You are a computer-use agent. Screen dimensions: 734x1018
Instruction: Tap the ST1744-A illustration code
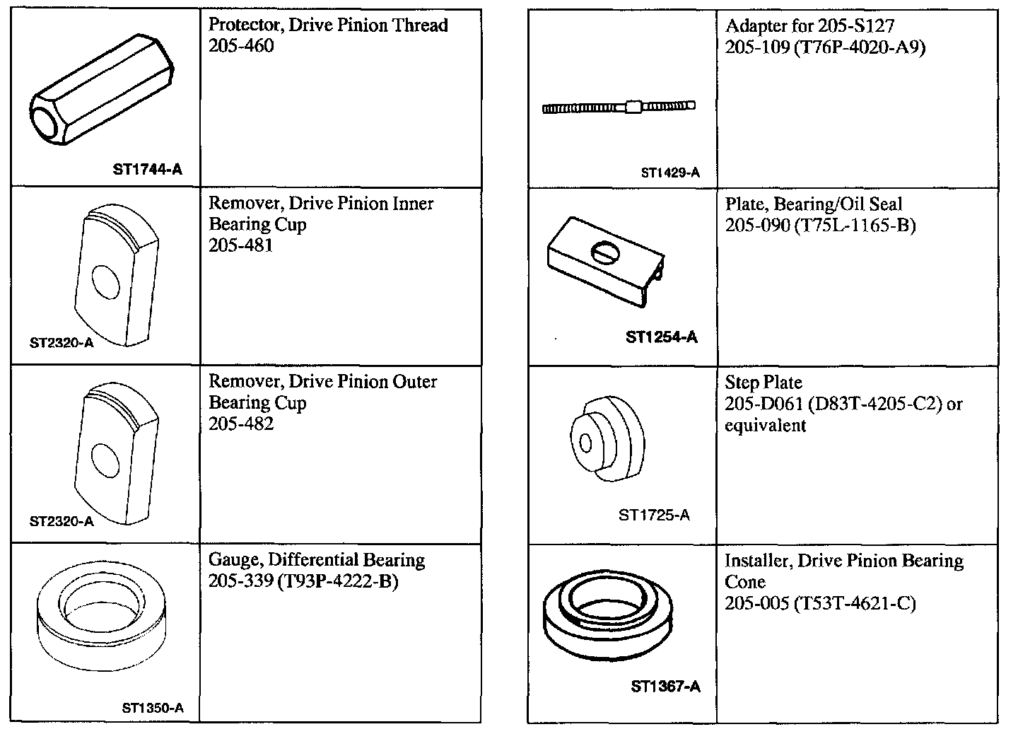147,170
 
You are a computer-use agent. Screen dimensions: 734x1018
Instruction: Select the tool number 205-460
241,46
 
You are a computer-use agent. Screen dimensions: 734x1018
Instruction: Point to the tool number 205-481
241,245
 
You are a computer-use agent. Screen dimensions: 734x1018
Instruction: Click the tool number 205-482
241,424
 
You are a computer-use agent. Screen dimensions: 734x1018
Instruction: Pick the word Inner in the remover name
410,204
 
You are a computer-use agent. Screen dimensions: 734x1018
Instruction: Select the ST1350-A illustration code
153,708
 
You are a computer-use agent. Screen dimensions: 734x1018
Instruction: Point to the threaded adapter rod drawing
618,107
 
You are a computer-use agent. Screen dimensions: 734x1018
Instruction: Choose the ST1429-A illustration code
670,173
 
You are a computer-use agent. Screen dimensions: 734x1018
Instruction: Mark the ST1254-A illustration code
662,337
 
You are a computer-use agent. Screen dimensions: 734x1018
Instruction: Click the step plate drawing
607,438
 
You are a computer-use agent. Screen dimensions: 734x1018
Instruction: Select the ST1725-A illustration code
654,515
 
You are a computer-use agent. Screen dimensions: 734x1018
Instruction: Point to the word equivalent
766,426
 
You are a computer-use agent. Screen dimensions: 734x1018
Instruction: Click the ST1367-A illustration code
665,687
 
